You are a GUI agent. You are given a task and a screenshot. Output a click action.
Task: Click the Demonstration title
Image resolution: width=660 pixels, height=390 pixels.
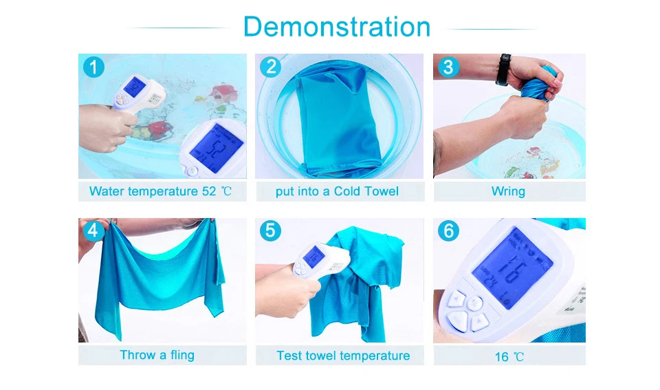pos(337,27)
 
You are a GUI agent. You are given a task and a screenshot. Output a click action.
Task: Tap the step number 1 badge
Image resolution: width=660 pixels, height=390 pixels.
pos(93,67)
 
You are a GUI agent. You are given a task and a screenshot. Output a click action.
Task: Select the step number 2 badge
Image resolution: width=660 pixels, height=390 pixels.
pos(270,67)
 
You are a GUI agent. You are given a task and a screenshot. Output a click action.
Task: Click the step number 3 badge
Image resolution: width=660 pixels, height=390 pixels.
pos(448,67)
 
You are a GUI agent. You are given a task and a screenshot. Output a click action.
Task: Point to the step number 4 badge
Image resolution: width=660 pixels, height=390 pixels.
pos(93,231)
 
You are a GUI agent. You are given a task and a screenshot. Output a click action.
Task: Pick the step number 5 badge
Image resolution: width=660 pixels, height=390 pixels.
pos(270,231)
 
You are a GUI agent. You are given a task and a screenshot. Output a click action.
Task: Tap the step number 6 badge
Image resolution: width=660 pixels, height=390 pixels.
pos(448,231)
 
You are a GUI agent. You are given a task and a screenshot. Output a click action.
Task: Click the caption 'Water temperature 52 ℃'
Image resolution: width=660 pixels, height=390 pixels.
pos(160,191)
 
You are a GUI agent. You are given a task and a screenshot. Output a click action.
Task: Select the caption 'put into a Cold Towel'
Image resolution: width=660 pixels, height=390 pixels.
pos(337,191)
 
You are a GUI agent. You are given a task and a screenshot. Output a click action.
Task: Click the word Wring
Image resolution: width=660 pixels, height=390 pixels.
pos(508,192)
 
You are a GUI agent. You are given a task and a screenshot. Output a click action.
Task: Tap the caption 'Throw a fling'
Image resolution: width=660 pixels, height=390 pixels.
pos(157,355)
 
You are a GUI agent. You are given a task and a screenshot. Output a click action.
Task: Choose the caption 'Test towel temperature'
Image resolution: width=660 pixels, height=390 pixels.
pos(343,356)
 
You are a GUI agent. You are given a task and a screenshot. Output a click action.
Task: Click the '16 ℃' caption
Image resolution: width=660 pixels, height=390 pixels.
pos(509,357)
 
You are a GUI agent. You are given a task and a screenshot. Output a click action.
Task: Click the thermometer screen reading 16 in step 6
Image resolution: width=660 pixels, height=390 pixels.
pos(511,268)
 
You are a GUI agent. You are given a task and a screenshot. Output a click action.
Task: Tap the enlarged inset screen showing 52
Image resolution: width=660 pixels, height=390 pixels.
pos(215,149)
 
